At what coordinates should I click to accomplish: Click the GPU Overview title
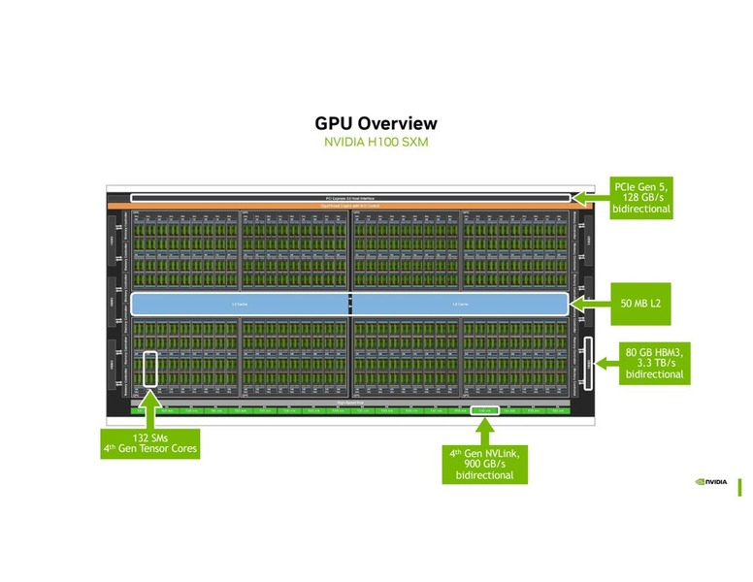[376, 123]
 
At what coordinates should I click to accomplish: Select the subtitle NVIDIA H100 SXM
[376, 143]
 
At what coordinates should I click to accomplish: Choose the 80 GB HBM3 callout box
[654, 364]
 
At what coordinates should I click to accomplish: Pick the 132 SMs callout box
[150, 443]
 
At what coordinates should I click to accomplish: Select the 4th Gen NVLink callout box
[484, 464]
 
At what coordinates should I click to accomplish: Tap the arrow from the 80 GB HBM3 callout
[606, 364]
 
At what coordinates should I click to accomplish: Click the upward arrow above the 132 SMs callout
[149, 407]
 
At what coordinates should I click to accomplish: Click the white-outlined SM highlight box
[149, 370]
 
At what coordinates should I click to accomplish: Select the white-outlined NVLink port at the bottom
[484, 411]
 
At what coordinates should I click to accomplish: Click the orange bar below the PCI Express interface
[349, 207]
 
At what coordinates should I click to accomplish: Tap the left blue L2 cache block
[239, 304]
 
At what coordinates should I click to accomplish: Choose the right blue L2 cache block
[459, 304]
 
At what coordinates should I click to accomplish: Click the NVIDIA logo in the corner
[711, 480]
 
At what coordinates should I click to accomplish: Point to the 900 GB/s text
[484, 464]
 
